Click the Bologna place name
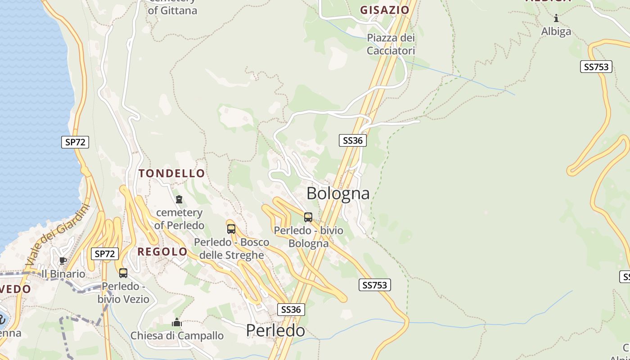coord(338,193)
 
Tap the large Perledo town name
coord(275,331)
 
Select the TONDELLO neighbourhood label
coord(172,173)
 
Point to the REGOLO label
coord(162,252)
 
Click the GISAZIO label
coord(385,10)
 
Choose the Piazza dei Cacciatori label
coord(391,44)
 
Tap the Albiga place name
coord(556,31)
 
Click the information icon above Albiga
coord(556,18)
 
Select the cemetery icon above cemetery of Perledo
coord(179,199)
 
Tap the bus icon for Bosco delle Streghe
coord(231,229)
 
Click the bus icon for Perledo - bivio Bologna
coord(308,217)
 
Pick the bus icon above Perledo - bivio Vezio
coord(123,273)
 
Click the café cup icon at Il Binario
coord(63,261)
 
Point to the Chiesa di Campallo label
coord(177,336)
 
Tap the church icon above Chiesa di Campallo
coord(177,323)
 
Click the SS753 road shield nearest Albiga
coord(596,67)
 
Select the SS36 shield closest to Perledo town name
coord(291,310)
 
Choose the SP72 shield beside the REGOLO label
coord(105,254)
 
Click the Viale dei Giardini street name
coord(58,234)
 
